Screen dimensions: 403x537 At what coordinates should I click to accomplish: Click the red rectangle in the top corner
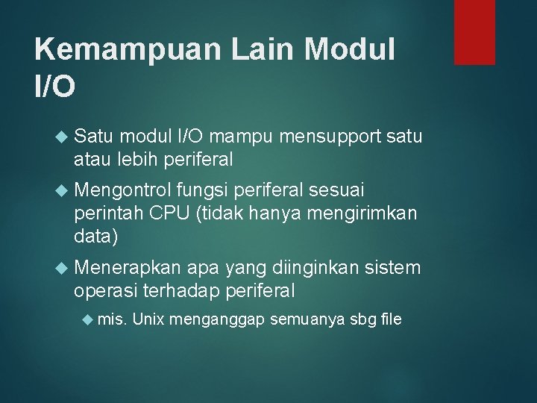(x=474, y=31)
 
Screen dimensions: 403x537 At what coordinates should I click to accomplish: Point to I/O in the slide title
(x=54, y=88)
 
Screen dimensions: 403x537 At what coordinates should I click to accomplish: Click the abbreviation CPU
(x=169, y=213)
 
